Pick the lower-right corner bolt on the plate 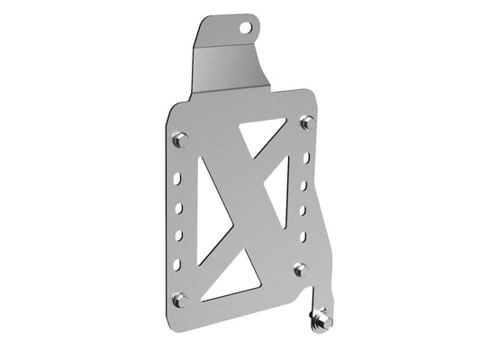pyautogui.click(x=300, y=268)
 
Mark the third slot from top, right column pyautogui.click(x=304, y=212)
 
